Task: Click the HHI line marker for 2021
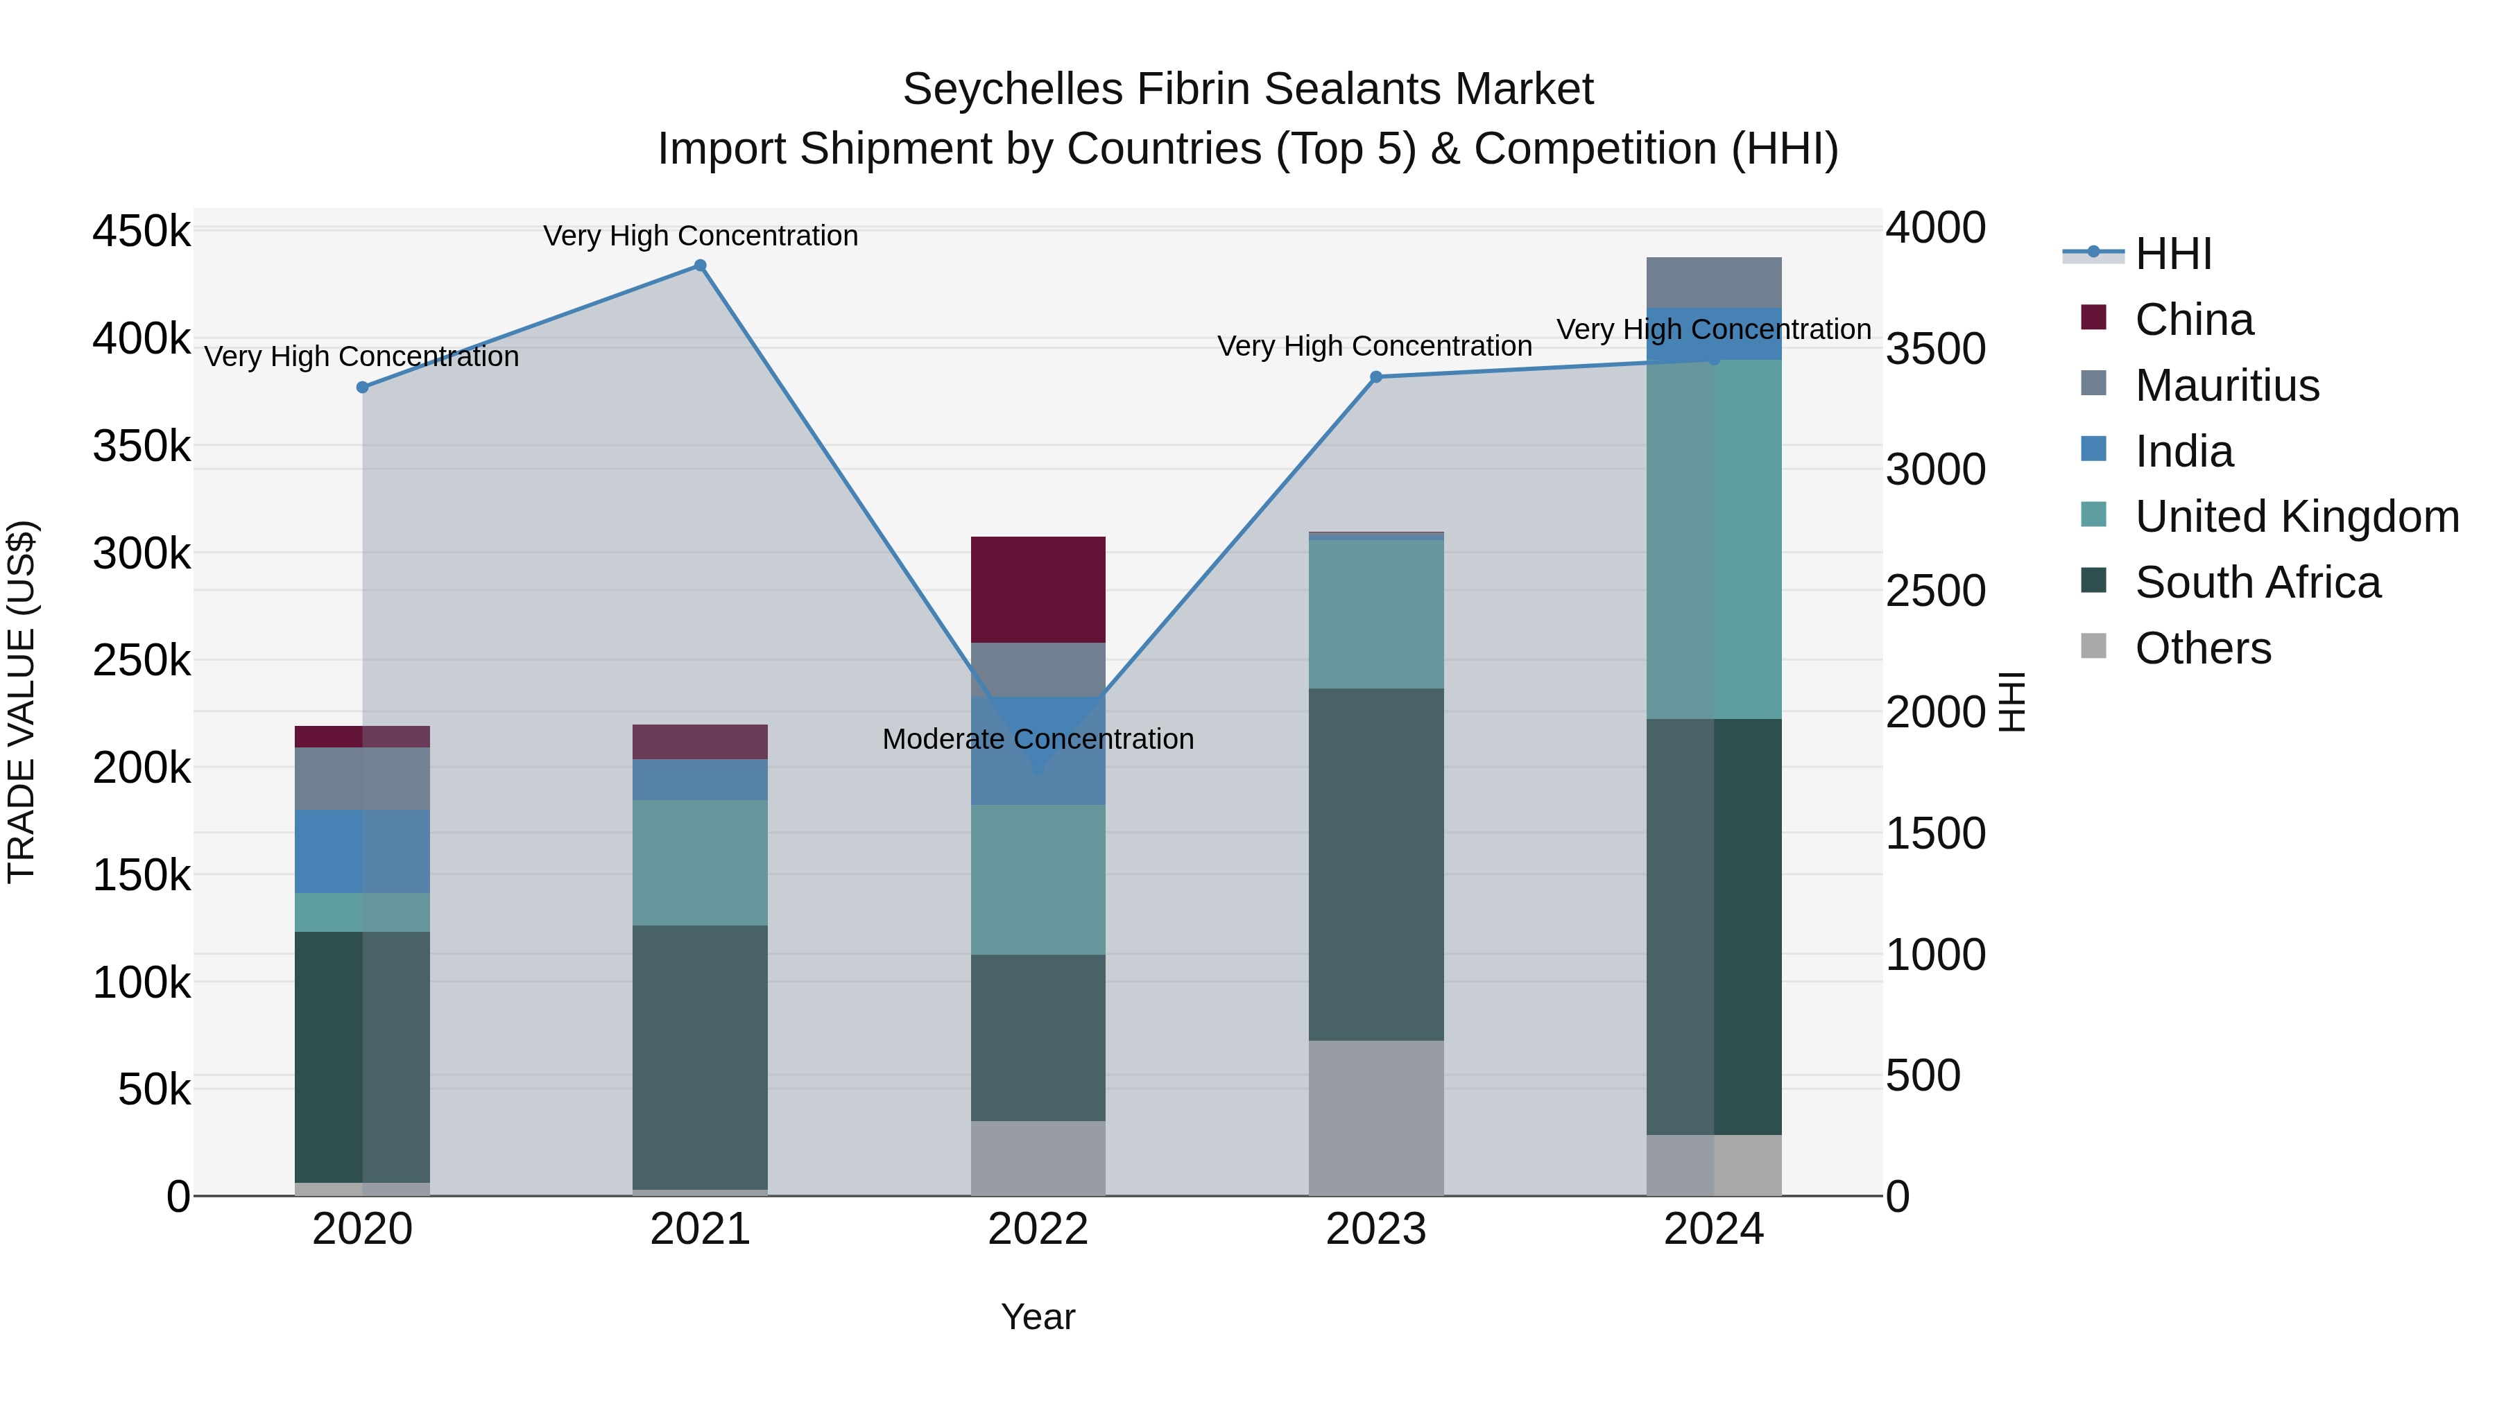(x=700, y=266)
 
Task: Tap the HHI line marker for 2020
(x=363, y=388)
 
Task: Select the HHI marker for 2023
(x=1375, y=377)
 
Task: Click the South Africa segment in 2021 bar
(x=700, y=1056)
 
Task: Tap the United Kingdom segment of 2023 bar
(x=1375, y=614)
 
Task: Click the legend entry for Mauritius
(x=2226, y=385)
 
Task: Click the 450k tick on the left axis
(x=141, y=232)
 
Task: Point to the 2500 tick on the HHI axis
(x=1934, y=591)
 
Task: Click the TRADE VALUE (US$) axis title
(x=22, y=702)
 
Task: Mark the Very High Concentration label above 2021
(x=700, y=236)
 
